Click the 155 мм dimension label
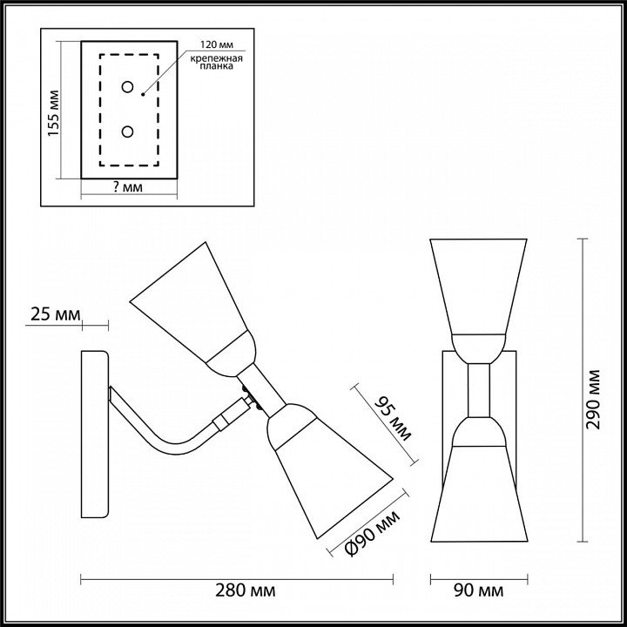tap(54, 113)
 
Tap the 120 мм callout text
tap(216, 44)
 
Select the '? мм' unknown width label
tap(128, 186)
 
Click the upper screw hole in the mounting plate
tap(127, 87)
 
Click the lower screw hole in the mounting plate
tap(127, 131)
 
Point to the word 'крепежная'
tap(216, 59)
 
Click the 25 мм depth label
tap(56, 314)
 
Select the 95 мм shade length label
tap(393, 419)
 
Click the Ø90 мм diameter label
tap(372, 533)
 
